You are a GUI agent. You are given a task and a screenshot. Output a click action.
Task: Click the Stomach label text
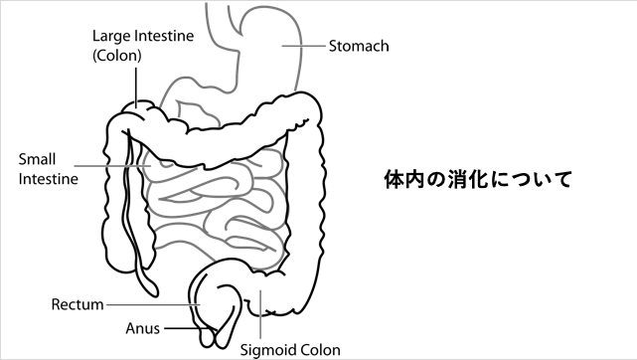coord(359,46)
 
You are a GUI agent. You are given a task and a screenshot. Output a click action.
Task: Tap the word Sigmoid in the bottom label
coord(267,350)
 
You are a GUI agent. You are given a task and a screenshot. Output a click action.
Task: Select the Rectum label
coord(78,304)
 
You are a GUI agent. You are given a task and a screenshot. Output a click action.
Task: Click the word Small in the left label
coord(36,159)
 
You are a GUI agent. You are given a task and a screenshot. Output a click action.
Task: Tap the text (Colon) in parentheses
coord(117,56)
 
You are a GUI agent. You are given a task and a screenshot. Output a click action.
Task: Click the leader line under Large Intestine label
coord(132,85)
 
